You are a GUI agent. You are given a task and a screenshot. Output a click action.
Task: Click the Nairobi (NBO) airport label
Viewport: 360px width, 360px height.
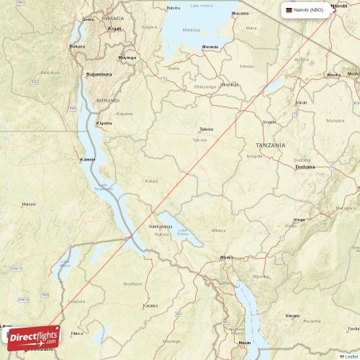tap(313, 11)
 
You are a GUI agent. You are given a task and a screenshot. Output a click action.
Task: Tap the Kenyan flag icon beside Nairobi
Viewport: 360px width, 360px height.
tap(289, 11)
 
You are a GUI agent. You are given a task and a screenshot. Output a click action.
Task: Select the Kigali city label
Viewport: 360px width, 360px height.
tap(114, 28)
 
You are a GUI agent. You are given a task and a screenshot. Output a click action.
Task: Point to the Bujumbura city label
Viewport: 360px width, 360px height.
tap(100, 74)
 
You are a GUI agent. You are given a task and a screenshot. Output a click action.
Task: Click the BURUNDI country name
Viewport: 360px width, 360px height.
tap(107, 101)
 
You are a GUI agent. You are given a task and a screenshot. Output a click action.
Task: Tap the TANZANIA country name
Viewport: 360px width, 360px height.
tap(270, 145)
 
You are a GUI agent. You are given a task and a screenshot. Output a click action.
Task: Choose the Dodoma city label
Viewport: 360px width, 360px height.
tap(305, 168)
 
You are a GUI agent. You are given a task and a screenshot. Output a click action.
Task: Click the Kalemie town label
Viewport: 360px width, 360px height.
tap(87, 159)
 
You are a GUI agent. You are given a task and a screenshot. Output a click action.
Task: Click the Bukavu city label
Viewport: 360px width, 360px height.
tap(76, 46)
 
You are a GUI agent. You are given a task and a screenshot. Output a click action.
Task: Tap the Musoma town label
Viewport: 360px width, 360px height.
tap(240, 14)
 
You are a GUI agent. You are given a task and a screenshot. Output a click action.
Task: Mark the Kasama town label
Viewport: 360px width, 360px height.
tap(150, 305)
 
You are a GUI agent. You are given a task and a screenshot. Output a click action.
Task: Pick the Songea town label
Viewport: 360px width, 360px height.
tap(292, 315)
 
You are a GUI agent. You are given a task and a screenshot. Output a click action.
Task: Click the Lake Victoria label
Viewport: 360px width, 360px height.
tap(202, 6)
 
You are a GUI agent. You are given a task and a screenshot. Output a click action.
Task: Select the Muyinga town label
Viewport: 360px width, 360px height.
tap(127, 57)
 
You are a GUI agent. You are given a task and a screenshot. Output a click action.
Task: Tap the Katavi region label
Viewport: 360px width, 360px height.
tap(151, 181)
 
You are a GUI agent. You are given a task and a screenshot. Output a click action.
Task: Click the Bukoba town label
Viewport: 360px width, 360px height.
tap(174, 8)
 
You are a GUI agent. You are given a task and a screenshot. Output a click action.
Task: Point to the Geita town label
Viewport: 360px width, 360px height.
tap(174, 68)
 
